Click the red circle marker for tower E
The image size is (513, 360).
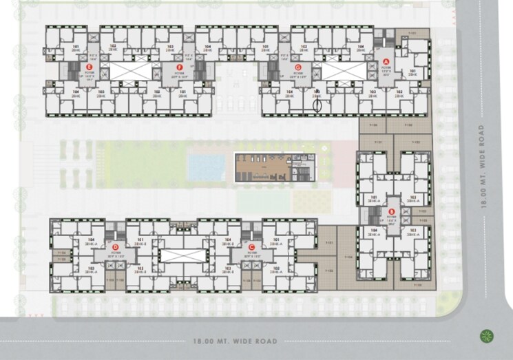pos(90,66)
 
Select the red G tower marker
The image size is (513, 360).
pos(297,67)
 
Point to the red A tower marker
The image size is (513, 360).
pos(386,61)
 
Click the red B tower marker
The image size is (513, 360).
pos(391,212)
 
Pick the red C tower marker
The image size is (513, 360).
pos(253,246)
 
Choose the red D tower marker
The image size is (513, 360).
pos(116,246)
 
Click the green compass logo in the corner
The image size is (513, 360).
pos(487,336)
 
